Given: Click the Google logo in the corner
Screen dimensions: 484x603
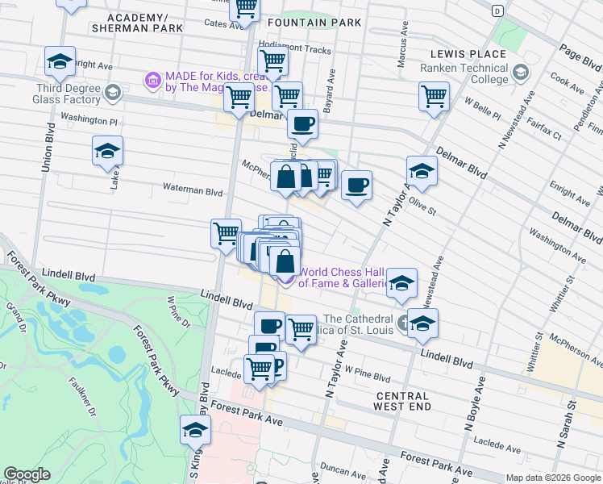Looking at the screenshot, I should coord(27,474).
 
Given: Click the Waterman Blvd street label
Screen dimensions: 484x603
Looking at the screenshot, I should coord(191,192).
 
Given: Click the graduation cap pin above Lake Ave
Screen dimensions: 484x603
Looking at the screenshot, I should coord(106,151).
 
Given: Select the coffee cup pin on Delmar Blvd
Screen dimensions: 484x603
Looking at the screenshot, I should coord(302,124).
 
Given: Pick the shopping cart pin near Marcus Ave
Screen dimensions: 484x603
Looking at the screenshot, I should coord(434,96).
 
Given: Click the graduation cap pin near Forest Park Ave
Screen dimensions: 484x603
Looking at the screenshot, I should coord(195,431).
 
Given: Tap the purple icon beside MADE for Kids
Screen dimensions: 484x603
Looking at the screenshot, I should coord(152,80).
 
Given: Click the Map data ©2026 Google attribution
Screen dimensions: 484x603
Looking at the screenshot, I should coord(554,478).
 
